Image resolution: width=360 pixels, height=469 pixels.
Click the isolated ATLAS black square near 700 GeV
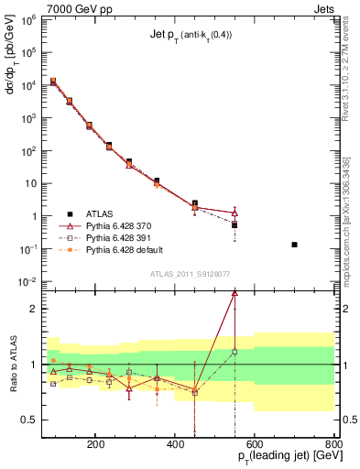click(294, 245)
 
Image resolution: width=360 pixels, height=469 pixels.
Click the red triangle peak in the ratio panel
click(235, 293)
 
